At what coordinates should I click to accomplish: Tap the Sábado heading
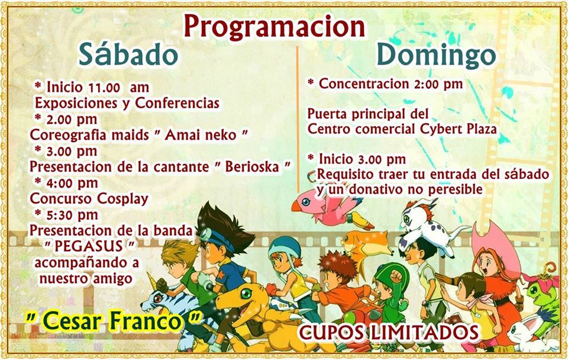pos(128,54)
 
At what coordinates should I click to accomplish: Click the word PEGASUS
pos(89,246)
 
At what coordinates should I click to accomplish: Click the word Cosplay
pos(123,199)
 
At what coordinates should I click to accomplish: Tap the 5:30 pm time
pos(72,215)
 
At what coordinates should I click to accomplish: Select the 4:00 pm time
pos(72,183)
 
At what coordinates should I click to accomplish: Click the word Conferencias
pos(177,104)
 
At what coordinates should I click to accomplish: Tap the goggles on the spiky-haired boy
pos(212,237)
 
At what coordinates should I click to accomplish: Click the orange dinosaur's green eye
pos(246,292)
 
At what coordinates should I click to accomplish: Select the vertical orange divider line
pos(298,120)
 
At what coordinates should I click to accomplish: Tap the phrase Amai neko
pos(201,135)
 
